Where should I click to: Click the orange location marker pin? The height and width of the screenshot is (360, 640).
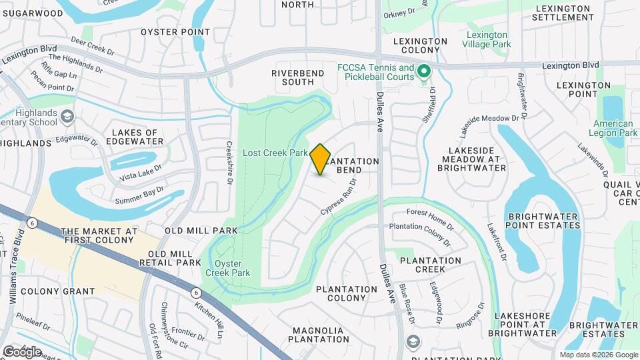pos(321,159)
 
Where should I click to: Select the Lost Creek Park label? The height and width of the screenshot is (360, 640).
pos(275,153)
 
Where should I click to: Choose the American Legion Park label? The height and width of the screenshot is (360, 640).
pos(613,128)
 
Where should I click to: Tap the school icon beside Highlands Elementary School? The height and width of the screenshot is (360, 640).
pos(67,117)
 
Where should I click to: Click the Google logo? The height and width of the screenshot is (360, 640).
pos(22,351)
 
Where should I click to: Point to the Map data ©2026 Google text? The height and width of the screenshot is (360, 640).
pos(598,355)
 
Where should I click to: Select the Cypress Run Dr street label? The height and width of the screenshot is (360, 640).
pos(339,197)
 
